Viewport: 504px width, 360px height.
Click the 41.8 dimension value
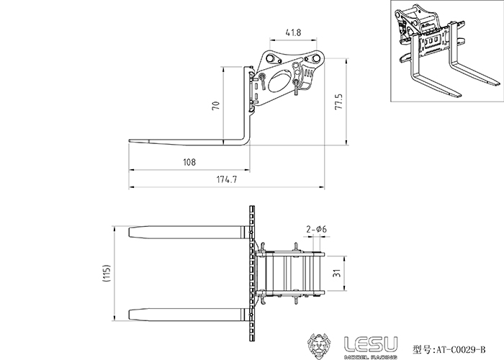pos(293,32)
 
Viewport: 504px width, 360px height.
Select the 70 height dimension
pos(216,105)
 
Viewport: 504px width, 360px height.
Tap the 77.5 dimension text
pos(339,102)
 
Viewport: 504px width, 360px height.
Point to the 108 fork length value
pos(189,162)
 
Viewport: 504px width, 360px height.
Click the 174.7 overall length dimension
pos(227,179)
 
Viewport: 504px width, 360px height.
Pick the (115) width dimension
pos(107,273)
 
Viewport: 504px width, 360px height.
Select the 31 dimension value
pos(336,273)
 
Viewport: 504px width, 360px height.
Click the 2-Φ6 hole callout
pos(316,229)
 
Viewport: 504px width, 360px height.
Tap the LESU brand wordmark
pos(371,344)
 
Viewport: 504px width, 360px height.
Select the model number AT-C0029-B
pos(460,349)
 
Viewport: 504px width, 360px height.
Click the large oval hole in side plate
pos(279,81)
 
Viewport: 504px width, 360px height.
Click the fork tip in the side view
pos(130,141)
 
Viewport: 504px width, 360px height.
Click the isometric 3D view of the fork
pos(447,51)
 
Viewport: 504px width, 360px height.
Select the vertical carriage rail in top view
pos(252,273)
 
